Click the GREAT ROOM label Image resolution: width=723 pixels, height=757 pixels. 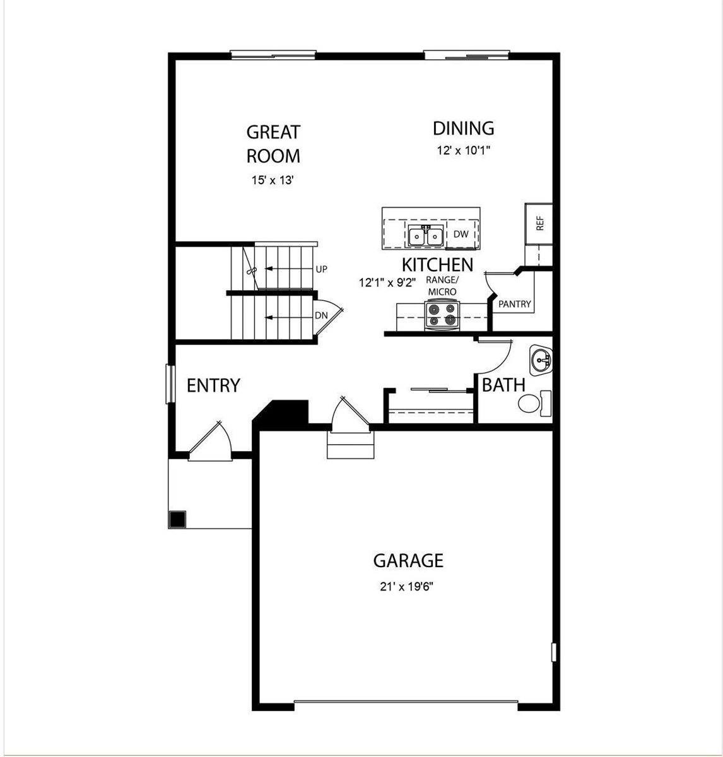[x=273, y=144]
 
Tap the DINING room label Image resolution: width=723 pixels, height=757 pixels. [x=463, y=129]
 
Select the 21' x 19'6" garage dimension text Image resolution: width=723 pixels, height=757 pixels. [x=407, y=587]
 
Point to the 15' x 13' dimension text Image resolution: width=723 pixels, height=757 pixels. [x=273, y=180]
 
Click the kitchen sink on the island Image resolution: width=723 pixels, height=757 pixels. [x=425, y=236]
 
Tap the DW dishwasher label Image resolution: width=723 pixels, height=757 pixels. [x=461, y=234]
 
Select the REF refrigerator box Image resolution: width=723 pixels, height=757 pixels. [x=539, y=223]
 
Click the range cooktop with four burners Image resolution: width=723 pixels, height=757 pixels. [x=442, y=315]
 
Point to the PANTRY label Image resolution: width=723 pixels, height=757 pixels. [x=515, y=304]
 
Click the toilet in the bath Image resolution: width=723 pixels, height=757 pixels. [x=533, y=403]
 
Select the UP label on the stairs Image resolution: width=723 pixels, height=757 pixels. [x=322, y=269]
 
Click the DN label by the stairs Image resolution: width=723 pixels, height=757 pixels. [x=321, y=315]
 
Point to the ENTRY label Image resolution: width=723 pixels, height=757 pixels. [x=213, y=385]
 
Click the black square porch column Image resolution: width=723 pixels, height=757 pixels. [x=177, y=519]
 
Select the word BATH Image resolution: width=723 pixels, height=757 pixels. [x=503, y=385]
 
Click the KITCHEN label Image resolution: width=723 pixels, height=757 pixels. [x=437, y=264]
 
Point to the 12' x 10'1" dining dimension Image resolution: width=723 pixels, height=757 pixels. [x=463, y=151]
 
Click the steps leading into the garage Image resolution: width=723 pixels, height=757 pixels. [x=351, y=445]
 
